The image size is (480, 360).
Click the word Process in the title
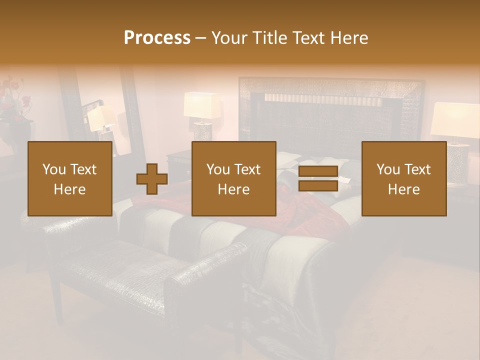tap(157, 38)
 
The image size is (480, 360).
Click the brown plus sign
tap(152, 179)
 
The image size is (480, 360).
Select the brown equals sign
tap(318, 179)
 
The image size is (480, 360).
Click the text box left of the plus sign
tap(69, 179)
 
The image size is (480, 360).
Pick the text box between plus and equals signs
tap(233, 179)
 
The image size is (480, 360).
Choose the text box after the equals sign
tap(403, 179)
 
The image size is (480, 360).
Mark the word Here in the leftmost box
tap(69, 189)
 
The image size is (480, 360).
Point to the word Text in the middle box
tap(247, 169)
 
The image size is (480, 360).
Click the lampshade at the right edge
tap(455, 119)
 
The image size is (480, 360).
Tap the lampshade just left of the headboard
tap(202, 105)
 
